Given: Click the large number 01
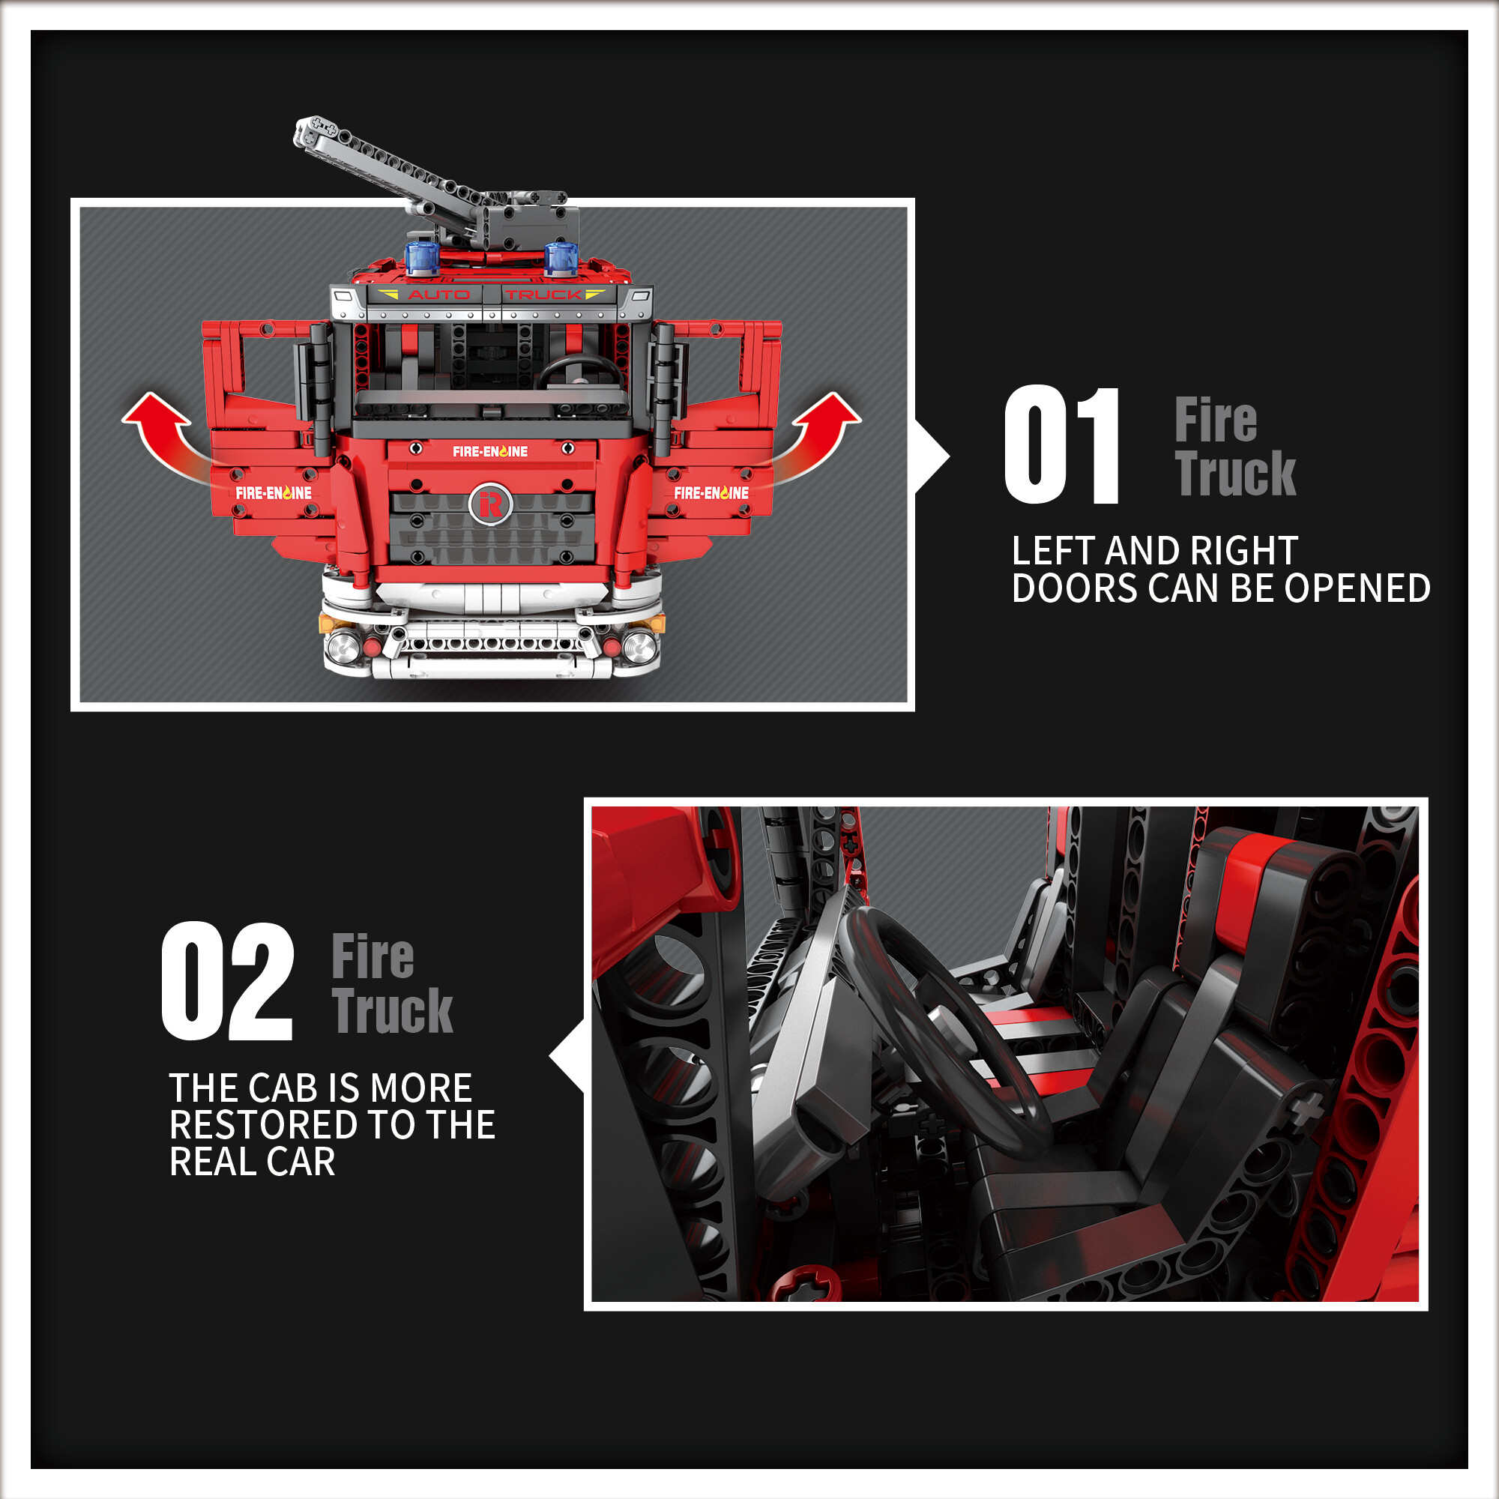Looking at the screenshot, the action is (1061, 444).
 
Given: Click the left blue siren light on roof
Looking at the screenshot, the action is (423, 258).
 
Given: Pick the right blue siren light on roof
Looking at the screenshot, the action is (561, 258).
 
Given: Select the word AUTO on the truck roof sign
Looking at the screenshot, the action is (438, 295).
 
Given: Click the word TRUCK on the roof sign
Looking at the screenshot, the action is (544, 295).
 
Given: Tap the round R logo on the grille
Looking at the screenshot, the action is (490, 504).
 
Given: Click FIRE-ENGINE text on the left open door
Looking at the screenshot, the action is (273, 492).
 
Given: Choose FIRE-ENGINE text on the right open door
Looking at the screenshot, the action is (711, 492).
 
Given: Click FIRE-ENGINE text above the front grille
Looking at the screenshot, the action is (490, 450).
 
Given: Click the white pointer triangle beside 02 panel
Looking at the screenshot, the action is (567, 1057).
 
